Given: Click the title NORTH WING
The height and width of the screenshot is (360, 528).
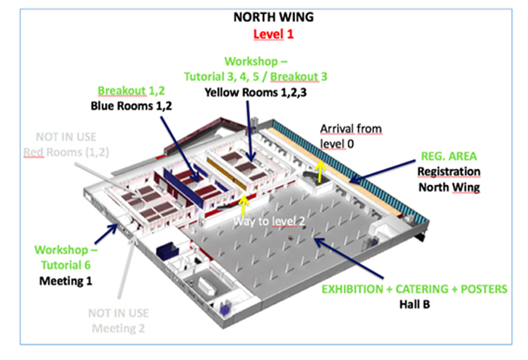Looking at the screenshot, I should click(x=273, y=17).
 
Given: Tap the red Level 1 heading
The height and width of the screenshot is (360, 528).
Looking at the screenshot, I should click(x=273, y=35).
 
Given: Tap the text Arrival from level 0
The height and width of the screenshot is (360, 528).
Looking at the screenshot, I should click(x=351, y=136).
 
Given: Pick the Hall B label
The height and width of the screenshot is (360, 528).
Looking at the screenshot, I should click(x=414, y=305).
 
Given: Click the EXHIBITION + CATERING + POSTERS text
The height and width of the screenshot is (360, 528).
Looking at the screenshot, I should click(x=414, y=289).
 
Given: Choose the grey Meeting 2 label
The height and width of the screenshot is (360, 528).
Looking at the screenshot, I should click(x=118, y=328).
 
